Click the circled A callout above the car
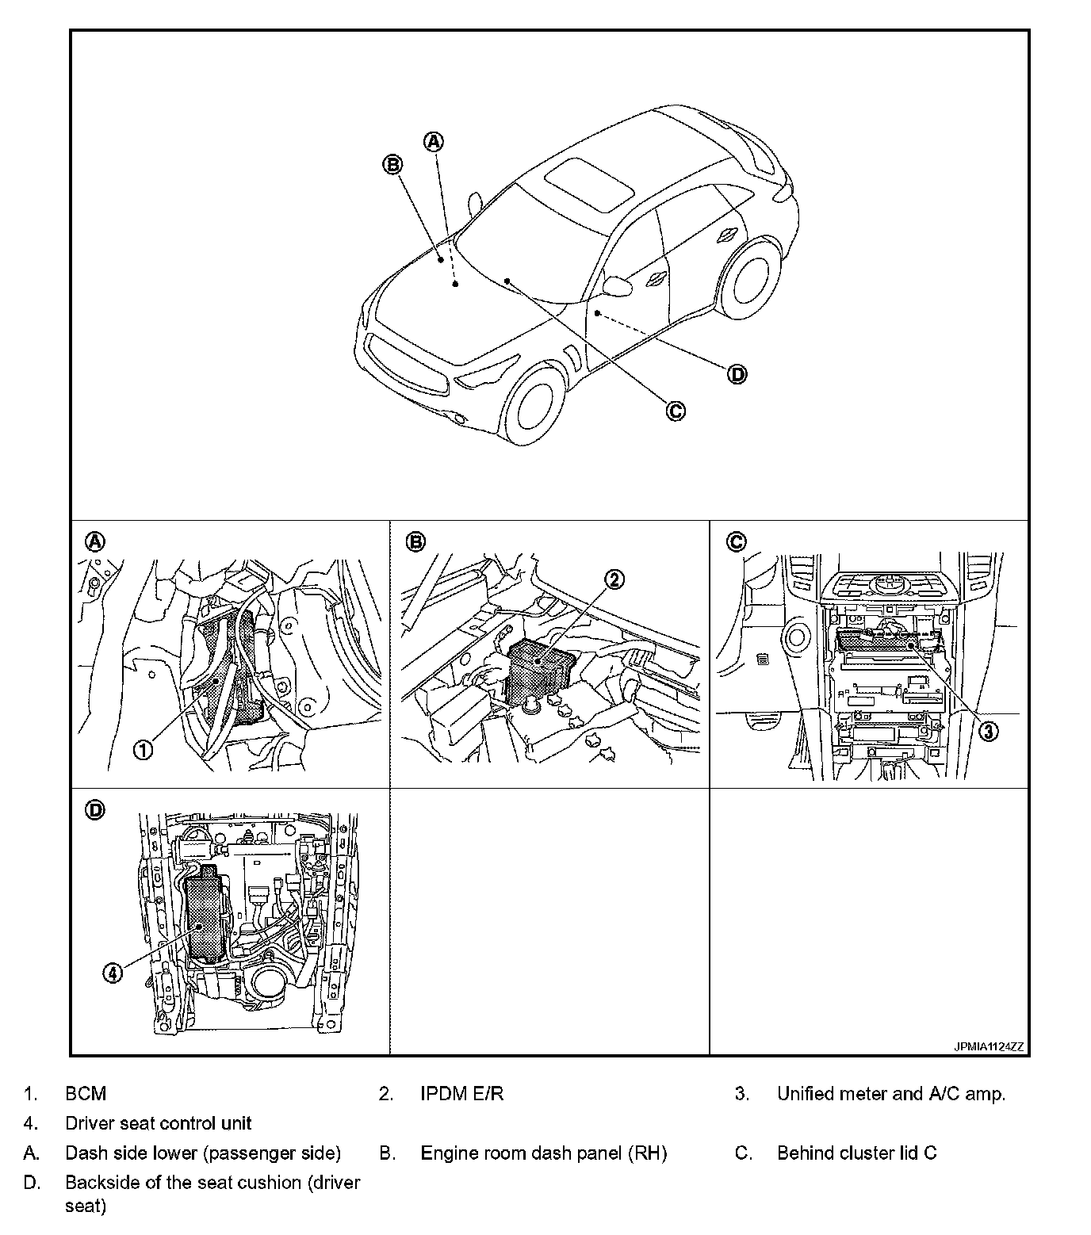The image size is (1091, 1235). [433, 142]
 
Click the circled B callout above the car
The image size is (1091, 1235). [392, 164]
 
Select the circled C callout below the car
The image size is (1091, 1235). [675, 411]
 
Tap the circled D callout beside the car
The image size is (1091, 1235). [737, 374]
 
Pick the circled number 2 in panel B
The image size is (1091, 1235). [615, 579]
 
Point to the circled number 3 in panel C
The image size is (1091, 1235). [987, 731]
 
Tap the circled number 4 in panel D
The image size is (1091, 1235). [113, 972]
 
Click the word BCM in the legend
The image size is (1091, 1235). [86, 1094]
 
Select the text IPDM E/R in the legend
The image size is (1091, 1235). [461, 1094]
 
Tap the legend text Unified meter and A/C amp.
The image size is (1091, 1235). [890, 1094]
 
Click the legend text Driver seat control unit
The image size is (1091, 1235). [159, 1123]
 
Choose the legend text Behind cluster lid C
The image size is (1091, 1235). [856, 1153]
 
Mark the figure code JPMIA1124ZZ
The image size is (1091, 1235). [988, 1046]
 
